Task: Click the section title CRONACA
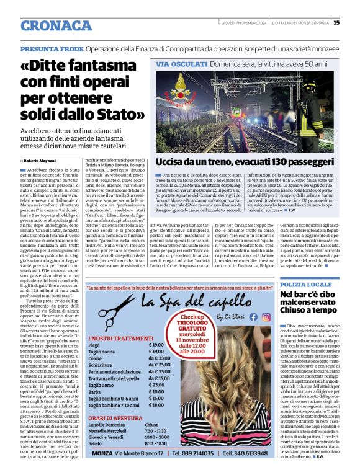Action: click(x=56, y=25)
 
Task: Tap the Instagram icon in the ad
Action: click(x=265, y=316)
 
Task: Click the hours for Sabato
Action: click(x=153, y=443)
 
